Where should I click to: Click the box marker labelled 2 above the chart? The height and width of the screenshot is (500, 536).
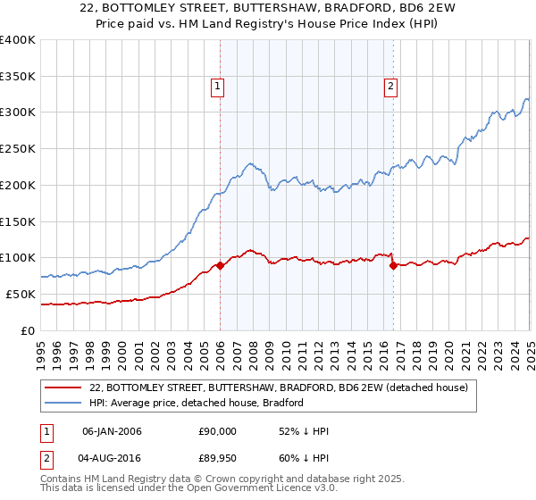click(x=391, y=87)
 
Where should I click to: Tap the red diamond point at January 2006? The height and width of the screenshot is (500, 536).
click(x=220, y=265)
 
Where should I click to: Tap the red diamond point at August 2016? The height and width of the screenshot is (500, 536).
click(x=393, y=265)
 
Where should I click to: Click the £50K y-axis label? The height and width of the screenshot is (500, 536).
click(x=21, y=294)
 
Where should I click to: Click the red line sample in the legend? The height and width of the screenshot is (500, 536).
click(x=62, y=387)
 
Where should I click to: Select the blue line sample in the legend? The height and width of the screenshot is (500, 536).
click(x=62, y=403)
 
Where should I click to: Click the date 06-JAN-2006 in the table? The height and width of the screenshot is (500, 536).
click(x=112, y=431)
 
